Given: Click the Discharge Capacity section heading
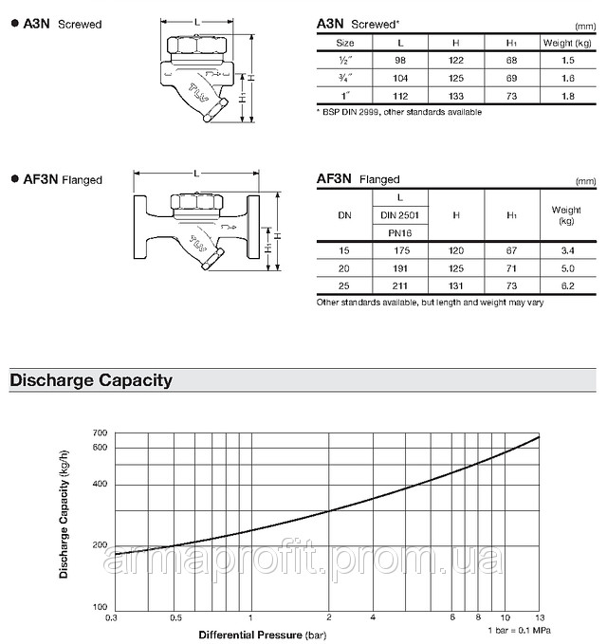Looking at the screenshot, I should [x=91, y=380].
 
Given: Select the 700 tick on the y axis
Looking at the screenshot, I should [x=101, y=433].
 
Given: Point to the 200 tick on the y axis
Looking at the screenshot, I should [x=101, y=545].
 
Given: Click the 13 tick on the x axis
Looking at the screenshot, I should [x=540, y=617].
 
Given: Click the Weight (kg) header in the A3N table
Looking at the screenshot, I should [x=566, y=43].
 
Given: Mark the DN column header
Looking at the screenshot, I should [x=344, y=215].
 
